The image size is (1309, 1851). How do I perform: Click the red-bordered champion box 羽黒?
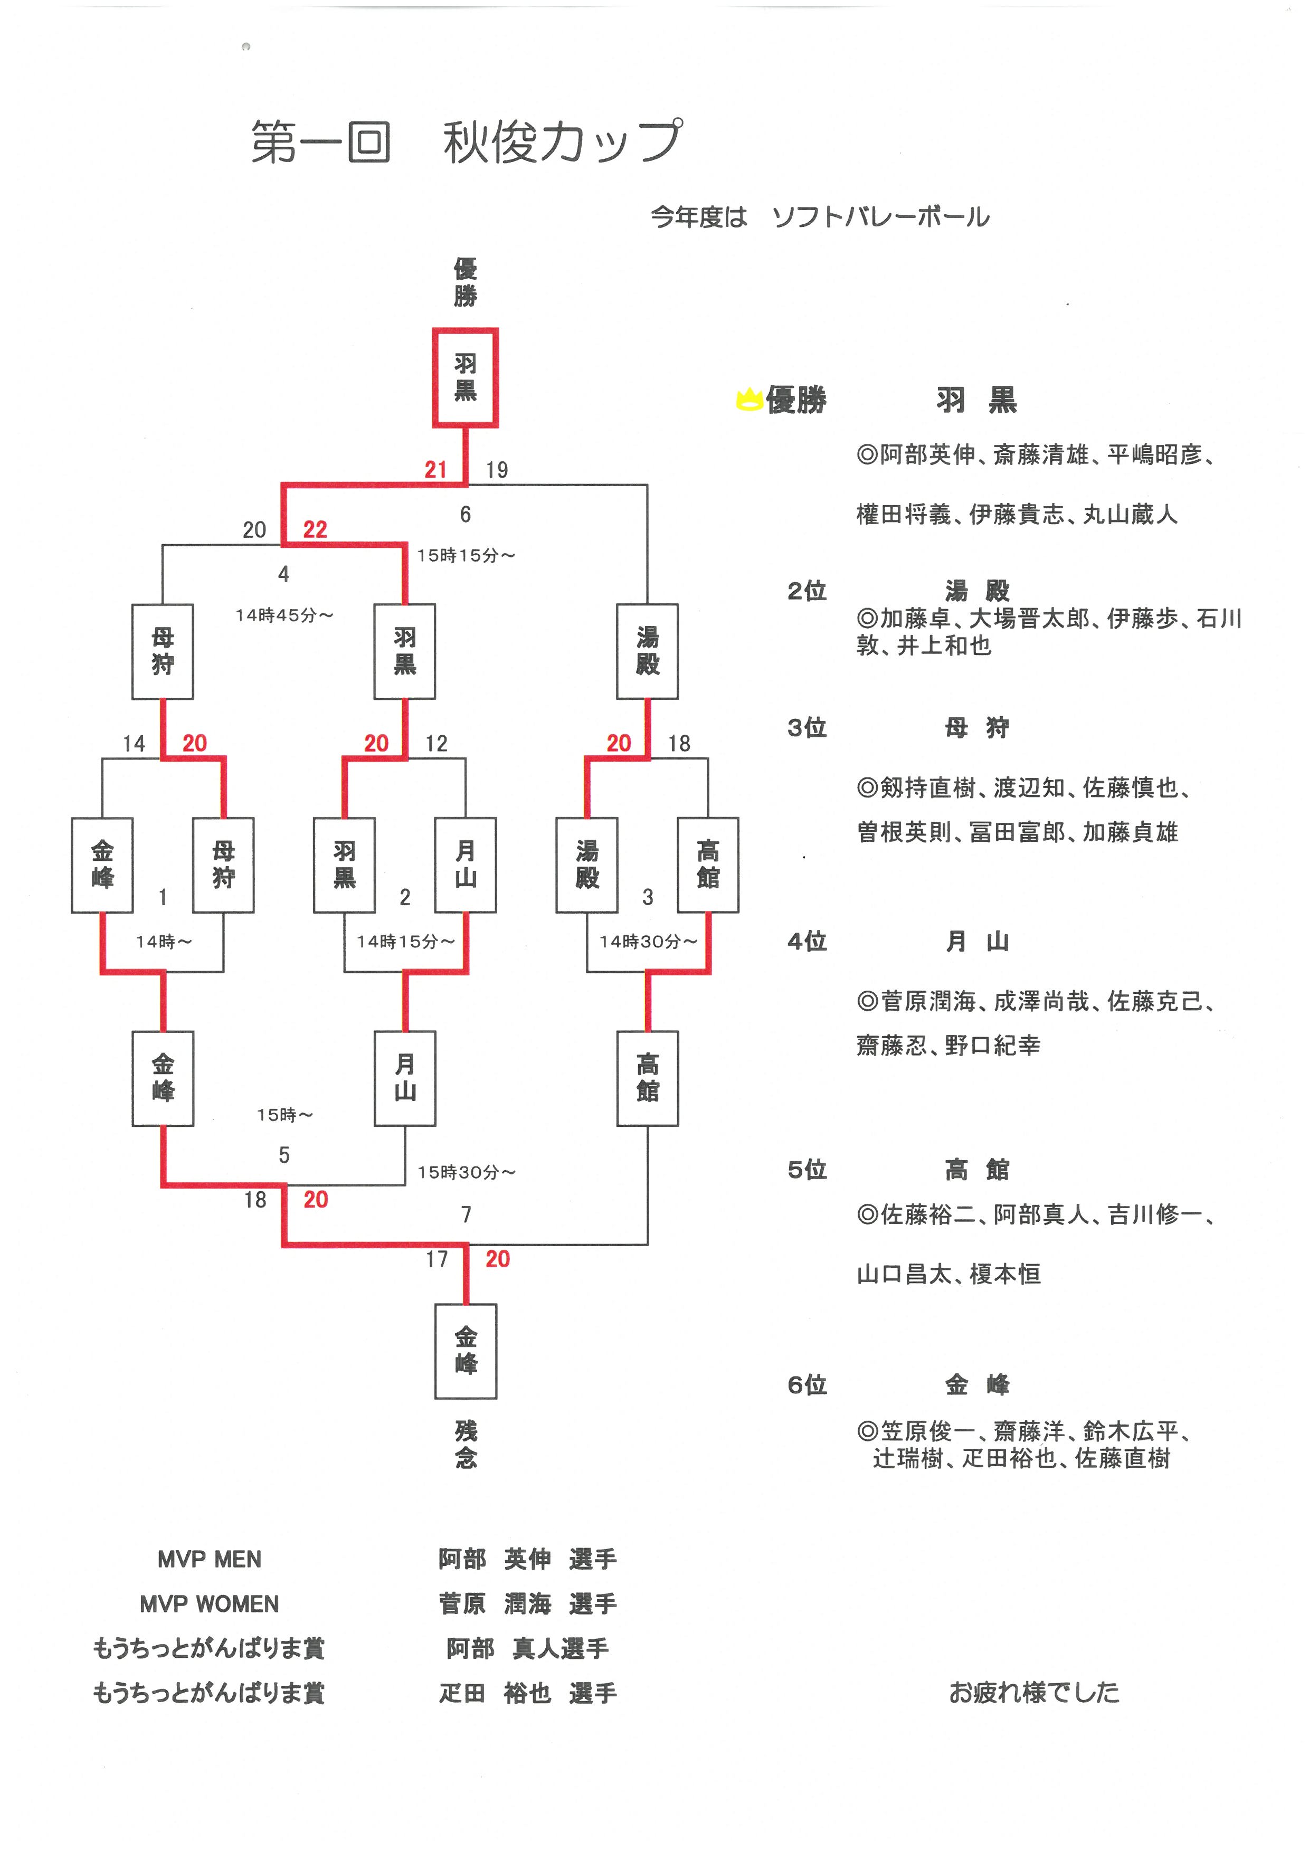465,377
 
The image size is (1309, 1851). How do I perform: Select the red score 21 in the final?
435,469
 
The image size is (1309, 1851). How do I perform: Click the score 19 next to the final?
497,470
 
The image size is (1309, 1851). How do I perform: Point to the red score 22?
315,530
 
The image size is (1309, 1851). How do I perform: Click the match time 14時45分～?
284,615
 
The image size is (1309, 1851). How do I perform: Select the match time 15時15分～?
466,555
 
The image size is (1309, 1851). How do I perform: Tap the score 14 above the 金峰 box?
134,743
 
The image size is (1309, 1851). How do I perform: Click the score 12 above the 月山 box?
436,743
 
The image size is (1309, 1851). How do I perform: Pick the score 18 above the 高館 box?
679,743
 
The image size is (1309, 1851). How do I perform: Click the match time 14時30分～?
648,941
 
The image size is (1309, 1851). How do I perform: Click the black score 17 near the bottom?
436,1259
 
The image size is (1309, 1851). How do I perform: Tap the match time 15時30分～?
466,1172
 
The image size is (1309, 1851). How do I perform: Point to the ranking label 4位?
807,941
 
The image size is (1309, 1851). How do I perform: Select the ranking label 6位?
807,1385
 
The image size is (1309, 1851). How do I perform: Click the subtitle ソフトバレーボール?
880,217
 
